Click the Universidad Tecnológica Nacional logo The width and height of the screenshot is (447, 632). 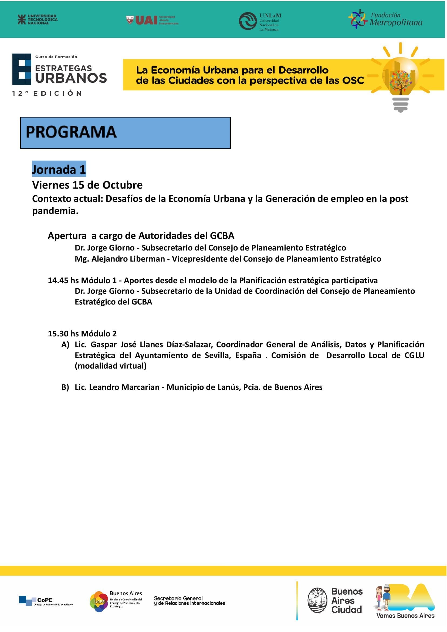point(38,19)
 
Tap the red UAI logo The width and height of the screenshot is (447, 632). point(146,20)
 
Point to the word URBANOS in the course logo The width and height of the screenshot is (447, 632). point(71,78)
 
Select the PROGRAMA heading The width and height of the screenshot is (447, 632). point(71,132)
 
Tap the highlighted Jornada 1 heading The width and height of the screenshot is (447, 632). point(59,169)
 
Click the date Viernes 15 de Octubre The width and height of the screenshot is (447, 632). point(87,185)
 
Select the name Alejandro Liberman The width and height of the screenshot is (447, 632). point(128,259)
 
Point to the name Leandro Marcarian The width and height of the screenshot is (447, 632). point(124,387)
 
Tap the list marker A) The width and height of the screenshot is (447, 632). point(65,345)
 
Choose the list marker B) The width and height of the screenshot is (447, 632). point(65,387)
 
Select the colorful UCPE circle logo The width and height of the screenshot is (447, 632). point(99,601)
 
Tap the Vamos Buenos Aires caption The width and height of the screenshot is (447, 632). point(405,616)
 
